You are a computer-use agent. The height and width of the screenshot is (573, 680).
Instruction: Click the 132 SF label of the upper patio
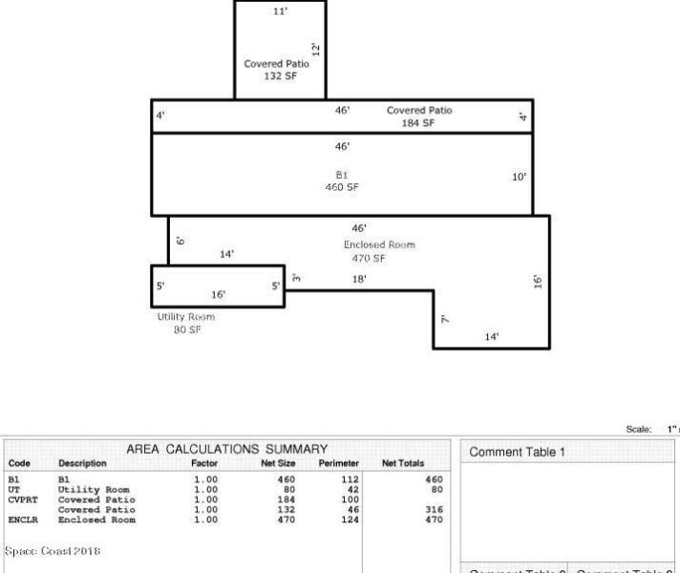click(280, 76)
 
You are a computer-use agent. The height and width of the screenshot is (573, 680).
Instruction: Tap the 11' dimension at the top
click(280, 11)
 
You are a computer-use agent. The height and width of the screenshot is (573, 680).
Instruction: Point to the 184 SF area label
click(419, 123)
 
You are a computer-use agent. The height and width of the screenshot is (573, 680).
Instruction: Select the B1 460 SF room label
click(341, 181)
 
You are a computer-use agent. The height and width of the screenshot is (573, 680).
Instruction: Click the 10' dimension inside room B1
click(519, 177)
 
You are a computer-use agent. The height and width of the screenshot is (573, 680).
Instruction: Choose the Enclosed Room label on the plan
click(379, 244)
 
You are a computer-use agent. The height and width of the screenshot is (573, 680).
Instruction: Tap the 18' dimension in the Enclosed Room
click(360, 279)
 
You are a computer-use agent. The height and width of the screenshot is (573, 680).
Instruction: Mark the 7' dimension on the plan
click(445, 320)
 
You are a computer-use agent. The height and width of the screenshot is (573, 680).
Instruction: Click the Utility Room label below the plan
click(186, 317)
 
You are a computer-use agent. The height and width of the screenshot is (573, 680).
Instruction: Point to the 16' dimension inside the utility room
click(218, 294)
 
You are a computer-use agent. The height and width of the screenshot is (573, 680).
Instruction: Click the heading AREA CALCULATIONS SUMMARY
click(227, 449)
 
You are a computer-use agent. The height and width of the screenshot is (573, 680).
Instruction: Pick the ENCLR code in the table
click(22, 520)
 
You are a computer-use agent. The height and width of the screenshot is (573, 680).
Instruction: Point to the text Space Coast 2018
click(53, 551)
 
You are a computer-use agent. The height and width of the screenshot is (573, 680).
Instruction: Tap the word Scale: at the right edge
click(638, 430)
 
